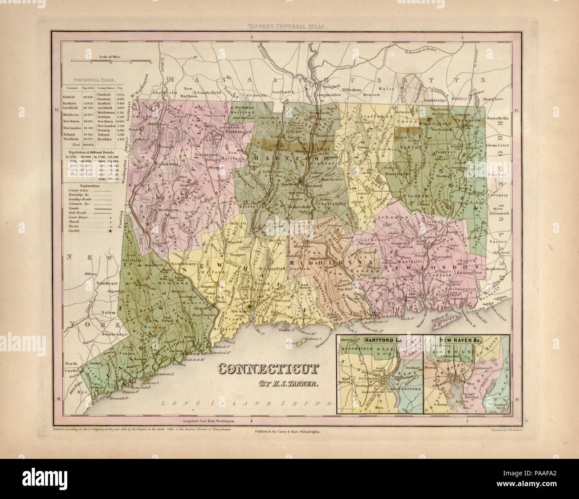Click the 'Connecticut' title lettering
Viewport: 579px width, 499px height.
269,369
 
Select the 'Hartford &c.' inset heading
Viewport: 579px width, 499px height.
379,340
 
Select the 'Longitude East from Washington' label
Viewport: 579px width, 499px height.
208,421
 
